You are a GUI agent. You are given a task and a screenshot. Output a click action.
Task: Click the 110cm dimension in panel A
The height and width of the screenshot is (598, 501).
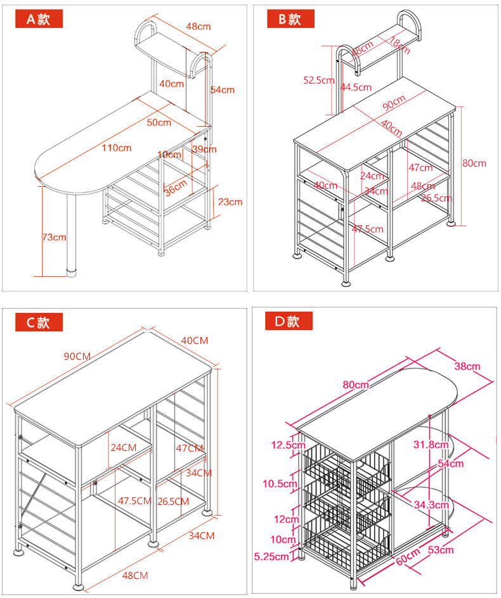click(117, 148)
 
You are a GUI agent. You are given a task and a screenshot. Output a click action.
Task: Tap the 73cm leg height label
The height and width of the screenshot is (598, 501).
click(54, 237)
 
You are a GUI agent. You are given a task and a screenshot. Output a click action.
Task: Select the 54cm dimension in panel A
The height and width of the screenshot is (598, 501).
click(223, 90)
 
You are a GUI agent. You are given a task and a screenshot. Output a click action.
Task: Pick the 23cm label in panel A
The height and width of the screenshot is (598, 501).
click(230, 202)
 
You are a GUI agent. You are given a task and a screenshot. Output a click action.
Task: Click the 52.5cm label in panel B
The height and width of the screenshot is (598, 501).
click(318, 80)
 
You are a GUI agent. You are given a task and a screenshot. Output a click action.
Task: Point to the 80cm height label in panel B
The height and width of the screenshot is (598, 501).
click(474, 163)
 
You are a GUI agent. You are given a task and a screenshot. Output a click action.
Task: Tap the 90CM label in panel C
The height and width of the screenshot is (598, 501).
click(77, 356)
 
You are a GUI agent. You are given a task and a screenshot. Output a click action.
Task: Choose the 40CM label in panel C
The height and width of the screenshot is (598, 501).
click(195, 340)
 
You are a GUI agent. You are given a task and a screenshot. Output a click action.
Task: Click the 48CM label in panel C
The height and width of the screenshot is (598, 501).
click(134, 575)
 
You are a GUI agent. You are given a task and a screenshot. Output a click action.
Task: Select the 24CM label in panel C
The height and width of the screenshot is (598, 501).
click(123, 447)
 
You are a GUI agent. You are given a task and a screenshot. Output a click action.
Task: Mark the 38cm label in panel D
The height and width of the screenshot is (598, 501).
click(467, 366)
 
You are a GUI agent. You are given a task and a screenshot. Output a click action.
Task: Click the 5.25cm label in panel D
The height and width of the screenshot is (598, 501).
click(272, 556)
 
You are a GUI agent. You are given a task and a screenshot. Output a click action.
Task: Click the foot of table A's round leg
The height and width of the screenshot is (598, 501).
click(72, 274)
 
